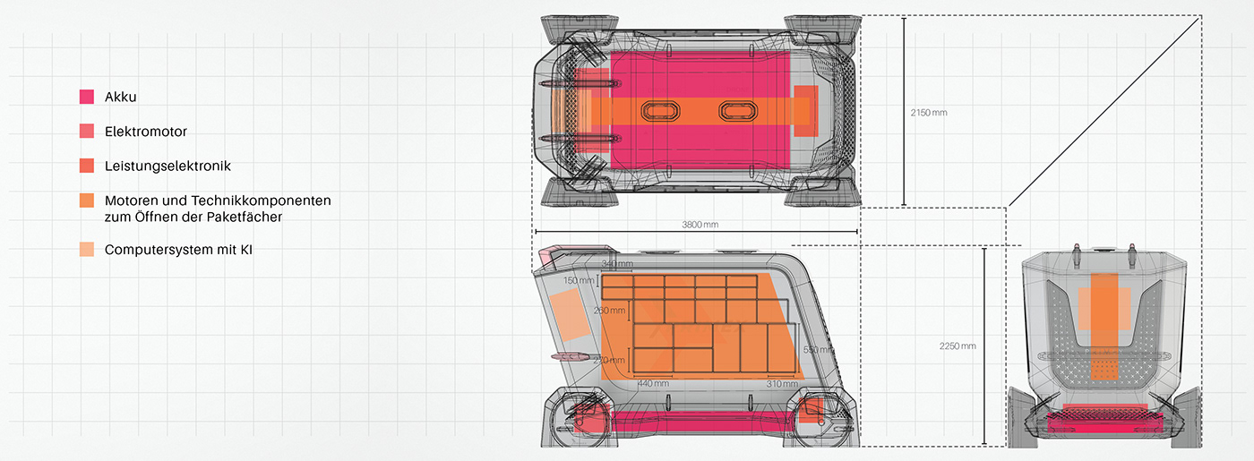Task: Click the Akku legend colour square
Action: click(87, 98)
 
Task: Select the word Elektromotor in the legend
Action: click(145, 132)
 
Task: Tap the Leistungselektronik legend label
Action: click(167, 166)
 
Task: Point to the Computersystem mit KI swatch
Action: click(87, 250)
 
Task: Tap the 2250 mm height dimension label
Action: click(958, 346)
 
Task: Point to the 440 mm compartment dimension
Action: click(653, 383)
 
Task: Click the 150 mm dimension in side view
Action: click(579, 281)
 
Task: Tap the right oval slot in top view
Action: click(738, 110)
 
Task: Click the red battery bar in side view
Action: click(690, 418)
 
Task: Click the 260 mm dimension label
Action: click(610, 311)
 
